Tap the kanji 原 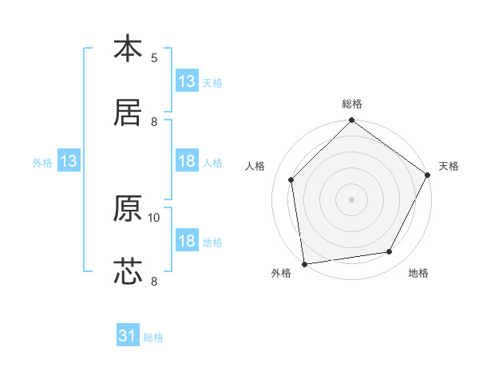coord(128,208)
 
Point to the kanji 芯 coord(128,271)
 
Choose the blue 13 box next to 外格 coord(68,162)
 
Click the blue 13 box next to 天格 coord(187,81)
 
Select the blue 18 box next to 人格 coord(187,161)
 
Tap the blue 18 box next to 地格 coord(187,241)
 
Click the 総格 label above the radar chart coord(352,104)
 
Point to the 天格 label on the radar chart coord(449,166)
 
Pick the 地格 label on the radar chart coord(418,274)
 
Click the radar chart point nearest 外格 coord(304,263)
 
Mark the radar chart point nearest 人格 coord(291,180)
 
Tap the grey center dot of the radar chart coord(352,199)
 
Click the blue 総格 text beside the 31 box coord(153,337)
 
